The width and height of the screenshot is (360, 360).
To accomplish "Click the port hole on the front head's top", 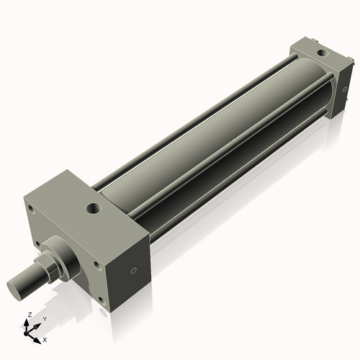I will coord(94,210).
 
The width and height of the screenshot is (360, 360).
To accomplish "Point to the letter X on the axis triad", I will coord(45,338).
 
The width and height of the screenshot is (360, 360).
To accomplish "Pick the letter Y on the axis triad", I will coord(44,319).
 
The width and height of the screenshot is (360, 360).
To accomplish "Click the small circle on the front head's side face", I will coord(132,272).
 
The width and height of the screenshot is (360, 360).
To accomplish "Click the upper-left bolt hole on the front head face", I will coord(32,210).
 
